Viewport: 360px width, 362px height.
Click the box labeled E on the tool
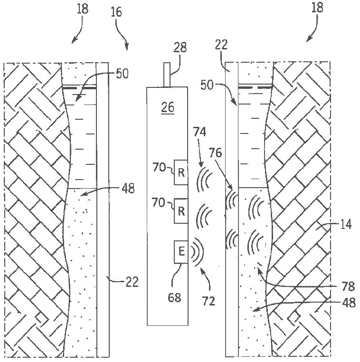coord(181,252)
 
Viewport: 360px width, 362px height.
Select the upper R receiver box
coord(181,172)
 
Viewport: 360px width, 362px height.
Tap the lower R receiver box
coord(181,211)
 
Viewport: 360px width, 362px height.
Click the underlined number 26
coord(168,107)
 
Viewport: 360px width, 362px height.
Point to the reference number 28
coord(180,48)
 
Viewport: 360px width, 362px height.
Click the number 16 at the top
coord(116,12)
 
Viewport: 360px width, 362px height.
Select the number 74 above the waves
coord(199,133)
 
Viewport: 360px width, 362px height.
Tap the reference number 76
coord(215,153)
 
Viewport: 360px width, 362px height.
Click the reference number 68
coord(174,297)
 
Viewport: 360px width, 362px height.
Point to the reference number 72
coord(208,301)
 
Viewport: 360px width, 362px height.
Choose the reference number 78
coord(348,287)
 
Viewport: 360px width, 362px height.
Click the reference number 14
coord(346,224)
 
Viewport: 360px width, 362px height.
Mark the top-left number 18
coord(83,9)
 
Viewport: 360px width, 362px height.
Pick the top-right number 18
coord(317,8)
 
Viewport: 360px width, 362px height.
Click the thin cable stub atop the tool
coord(167,75)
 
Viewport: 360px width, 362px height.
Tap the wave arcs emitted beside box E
coord(198,252)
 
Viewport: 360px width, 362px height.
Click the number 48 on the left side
coord(128,189)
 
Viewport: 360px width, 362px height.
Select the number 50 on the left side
coord(122,74)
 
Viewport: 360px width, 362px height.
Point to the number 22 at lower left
coord(132,282)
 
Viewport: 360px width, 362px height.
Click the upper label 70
coord(160,167)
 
